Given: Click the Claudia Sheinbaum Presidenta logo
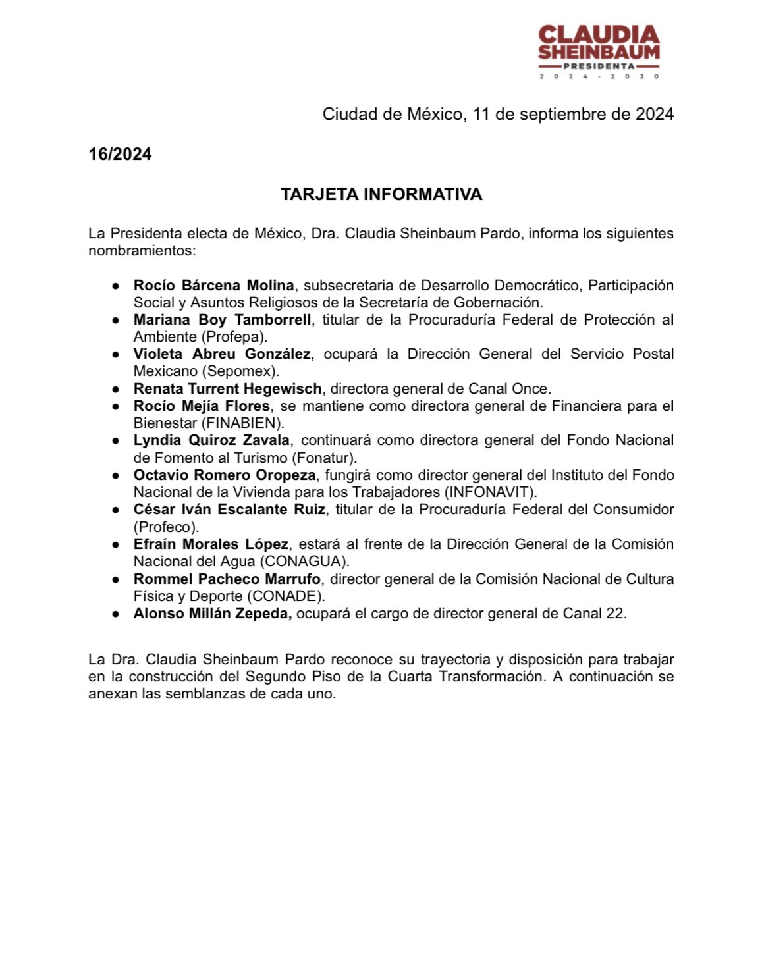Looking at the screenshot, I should click(599, 51).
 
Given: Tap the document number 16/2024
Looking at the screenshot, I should click(120, 154).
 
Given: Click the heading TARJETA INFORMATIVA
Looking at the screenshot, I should click(381, 194).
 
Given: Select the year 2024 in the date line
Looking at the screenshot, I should click(654, 114).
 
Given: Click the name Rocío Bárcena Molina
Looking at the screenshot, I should click(213, 285).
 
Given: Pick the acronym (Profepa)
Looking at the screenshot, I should click(234, 336).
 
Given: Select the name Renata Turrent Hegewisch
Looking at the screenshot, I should click(227, 388).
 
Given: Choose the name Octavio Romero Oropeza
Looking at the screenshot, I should click(225, 475).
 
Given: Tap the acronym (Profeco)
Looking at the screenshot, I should click(166, 527).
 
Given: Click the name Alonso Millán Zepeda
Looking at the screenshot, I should click(213, 613).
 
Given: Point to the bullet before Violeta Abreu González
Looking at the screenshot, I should click(116, 354).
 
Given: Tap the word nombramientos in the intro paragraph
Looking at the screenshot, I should click(142, 251).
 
